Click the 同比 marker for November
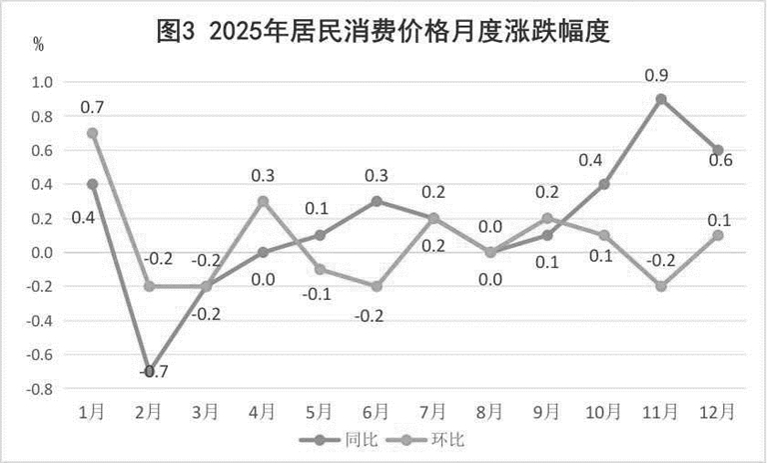[x=661, y=99]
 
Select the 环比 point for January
[x=93, y=133]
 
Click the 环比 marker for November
[x=661, y=286]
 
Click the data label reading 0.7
[x=92, y=107]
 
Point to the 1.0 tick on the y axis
[x=45, y=82]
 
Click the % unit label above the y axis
[x=39, y=44]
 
